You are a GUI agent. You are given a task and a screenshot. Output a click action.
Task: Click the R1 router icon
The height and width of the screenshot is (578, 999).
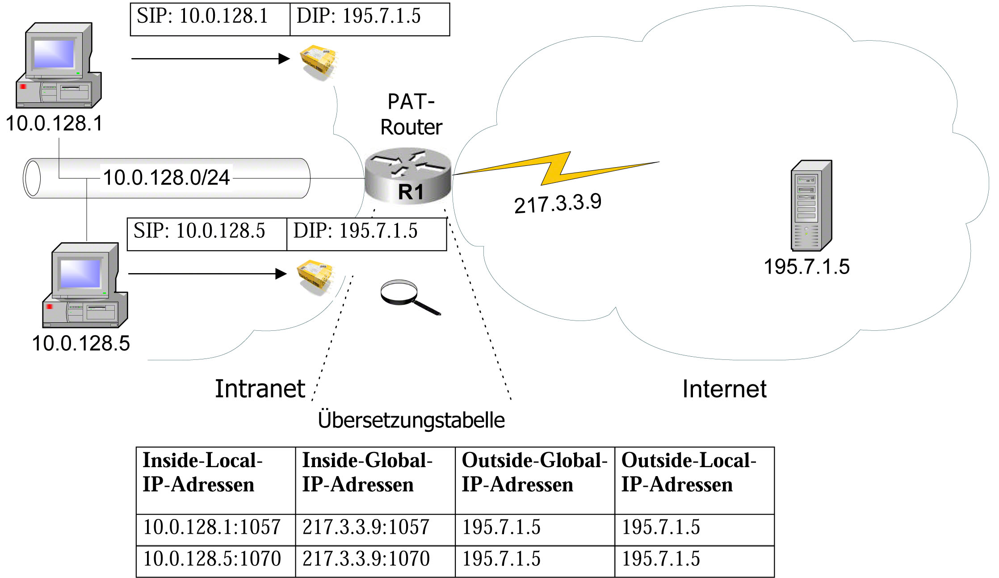click(x=408, y=176)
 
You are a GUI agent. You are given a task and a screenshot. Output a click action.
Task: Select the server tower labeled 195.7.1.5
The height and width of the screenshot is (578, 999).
click(x=810, y=206)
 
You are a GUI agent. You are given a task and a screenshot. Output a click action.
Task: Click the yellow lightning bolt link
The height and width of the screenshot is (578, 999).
click(x=556, y=168)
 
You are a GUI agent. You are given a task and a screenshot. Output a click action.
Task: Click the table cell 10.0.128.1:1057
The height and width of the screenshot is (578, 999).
click(x=212, y=527)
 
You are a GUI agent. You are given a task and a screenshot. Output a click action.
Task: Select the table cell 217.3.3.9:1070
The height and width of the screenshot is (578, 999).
click(x=366, y=559)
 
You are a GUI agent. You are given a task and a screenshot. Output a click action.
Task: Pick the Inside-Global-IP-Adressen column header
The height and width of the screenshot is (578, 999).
click(x=367, y=473)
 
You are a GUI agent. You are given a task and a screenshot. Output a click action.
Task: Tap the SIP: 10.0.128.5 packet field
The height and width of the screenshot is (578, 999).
click(x=199, y=232)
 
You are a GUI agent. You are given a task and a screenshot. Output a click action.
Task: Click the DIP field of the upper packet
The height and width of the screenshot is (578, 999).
click(x=359, y=17)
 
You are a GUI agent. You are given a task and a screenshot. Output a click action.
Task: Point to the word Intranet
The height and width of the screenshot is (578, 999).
click(x=260, y=389)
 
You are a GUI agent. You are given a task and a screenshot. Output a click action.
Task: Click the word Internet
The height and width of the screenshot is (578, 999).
click(x=724, y=389)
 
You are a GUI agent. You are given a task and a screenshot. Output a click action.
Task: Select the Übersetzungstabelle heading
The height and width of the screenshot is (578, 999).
click(x=411, y=420)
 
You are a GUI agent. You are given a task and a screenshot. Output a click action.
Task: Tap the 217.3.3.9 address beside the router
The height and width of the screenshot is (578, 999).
click(x=558, y=204)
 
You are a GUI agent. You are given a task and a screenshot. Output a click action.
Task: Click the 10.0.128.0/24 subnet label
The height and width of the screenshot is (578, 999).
click(x=166, y=178)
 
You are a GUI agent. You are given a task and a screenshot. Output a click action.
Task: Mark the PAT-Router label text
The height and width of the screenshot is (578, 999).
click(x=411, y=114)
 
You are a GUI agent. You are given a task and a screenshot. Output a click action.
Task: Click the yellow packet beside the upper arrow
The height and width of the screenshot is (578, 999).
click(x=318, y=61)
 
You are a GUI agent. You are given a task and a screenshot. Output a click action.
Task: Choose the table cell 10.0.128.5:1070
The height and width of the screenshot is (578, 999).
click(x=212, y=559)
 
